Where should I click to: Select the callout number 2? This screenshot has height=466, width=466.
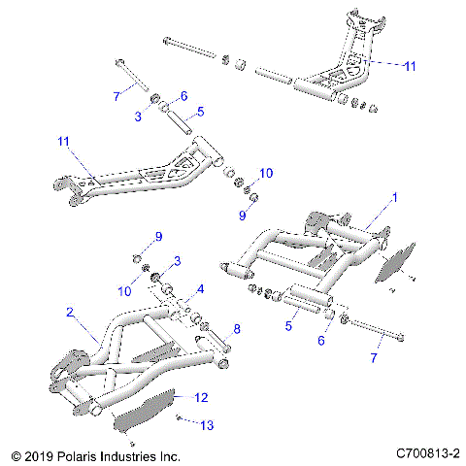pyautogui.click(x=70, y=312)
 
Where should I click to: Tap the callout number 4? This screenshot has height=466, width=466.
pyautogui.click(x=200, y=288)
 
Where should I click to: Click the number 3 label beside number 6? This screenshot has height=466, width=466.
pyautogui.click(x=138, y=116)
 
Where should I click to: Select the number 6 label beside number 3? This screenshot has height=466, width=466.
pyautogui.click(x=182, y=96)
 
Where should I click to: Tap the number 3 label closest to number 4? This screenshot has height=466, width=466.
pyautogui.click(x=178, y=261)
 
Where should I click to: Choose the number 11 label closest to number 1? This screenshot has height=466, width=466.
pyautogui.click(x=410, y=66)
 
